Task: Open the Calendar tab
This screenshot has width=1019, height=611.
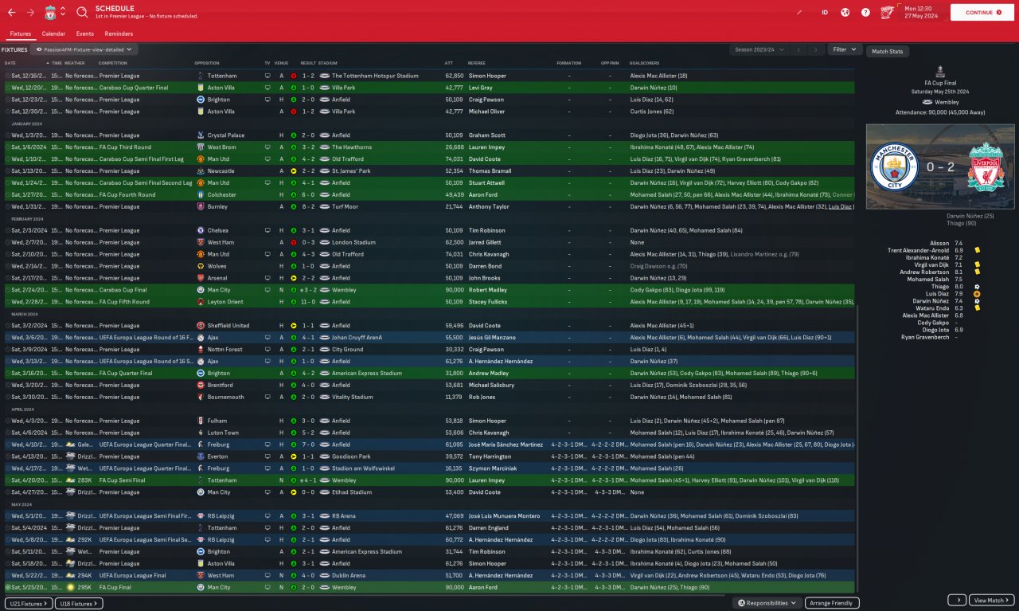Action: point(53,34)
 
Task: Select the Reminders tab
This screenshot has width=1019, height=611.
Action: point(119,34)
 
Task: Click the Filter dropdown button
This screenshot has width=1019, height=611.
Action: point(845,49)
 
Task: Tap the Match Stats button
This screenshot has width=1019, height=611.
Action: point(887,52)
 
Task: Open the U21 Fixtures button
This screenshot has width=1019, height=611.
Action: point(28,604)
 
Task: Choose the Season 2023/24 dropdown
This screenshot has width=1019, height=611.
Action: point(759,49)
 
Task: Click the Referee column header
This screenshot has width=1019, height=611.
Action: point(477,63)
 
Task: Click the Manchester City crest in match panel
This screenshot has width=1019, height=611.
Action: point(888,166)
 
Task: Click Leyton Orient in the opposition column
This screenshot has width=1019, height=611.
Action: point(226,302)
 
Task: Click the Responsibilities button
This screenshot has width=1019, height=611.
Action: point(767,603)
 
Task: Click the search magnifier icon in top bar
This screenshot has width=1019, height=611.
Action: point(83,13)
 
